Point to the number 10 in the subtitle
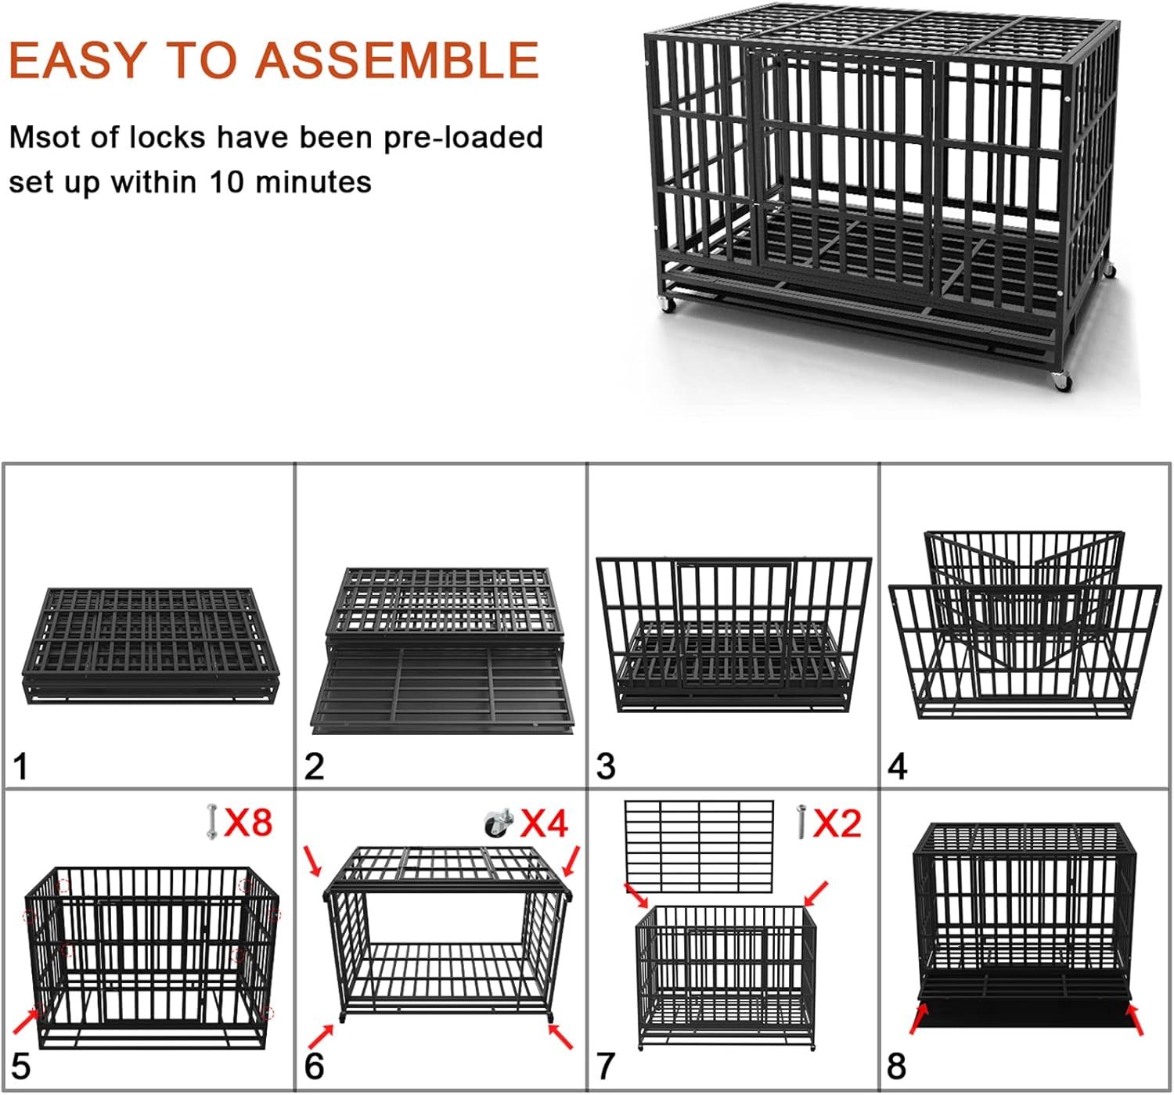[227, 182]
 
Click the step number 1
[21, 766]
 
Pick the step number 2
[314, 766]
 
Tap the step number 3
[606, 766]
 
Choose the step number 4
[898, 766]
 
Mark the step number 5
[21, 1066]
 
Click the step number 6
[314, 1066]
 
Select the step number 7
[606, 1066]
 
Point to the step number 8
[897, 1066]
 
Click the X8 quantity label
[248, 822]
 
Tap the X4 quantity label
[545, 823]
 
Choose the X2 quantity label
[837, 823]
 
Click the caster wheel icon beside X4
[497, 823]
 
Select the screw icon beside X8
[211, 822]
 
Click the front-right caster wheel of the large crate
[1061, 381]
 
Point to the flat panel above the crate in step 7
[699, 846]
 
